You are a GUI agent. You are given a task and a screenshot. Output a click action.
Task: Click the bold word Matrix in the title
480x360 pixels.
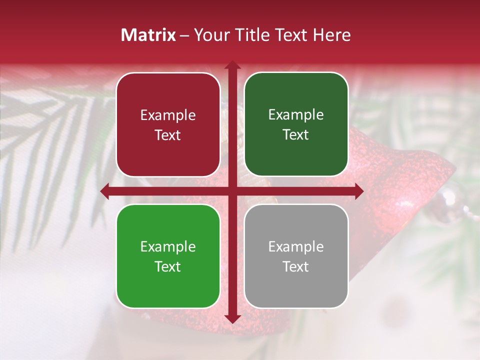pos(148,35)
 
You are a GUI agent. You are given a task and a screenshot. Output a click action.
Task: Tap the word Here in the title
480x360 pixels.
pos(331,35)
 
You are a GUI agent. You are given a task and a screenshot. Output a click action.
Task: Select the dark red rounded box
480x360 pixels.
pos(168,124)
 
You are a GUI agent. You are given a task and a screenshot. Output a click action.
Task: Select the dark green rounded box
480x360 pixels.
pos(296,124)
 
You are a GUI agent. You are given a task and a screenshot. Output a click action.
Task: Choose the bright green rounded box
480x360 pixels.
pos(168,256)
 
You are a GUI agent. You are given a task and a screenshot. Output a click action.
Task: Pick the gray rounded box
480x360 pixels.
pos(296,256)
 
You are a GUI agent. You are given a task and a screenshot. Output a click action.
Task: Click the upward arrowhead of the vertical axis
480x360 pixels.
pos(232,64)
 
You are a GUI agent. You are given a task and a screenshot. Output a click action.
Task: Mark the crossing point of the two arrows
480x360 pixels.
pos(232,191)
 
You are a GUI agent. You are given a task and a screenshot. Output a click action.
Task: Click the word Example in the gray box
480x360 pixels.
pos(296,246)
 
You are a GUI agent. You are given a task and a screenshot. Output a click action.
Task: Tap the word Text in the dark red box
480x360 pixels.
pos(168,135)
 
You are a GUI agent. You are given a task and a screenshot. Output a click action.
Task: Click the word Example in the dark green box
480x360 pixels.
pos(296,114)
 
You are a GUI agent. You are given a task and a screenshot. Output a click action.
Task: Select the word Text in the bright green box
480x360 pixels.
pos(168,266)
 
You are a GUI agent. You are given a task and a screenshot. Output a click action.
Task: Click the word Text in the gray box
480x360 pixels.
pos(296,266)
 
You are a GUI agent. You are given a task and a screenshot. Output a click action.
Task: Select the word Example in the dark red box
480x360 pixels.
pos(168,115)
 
